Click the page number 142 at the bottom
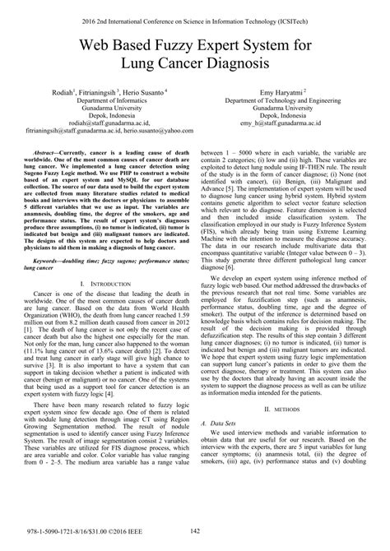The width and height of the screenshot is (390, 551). pos(195,533)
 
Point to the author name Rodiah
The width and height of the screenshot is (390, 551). pos(55,93)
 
